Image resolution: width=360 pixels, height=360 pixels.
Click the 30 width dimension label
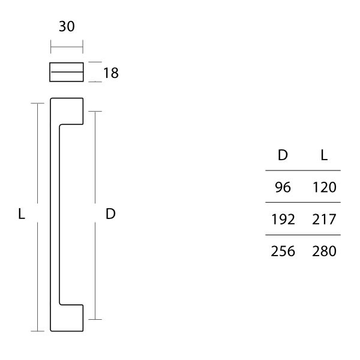(x=67, y=27)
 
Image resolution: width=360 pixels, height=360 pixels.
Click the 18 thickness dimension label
(x=110, y=73)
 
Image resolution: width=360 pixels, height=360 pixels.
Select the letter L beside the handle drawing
(x=22, y=214)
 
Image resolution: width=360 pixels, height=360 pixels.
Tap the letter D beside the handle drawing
(x=110, y=214)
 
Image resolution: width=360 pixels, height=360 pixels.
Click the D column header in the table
(x=283, y=155)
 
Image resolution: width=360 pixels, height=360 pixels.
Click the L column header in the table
(x=324, y=155)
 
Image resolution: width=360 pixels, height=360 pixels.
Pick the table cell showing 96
(x=283, y=187)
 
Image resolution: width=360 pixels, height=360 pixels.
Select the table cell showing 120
(x=324, y=187)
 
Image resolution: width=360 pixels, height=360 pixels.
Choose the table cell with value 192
(x=283, y=219)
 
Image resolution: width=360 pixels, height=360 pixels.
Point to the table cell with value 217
(x=324, y=219)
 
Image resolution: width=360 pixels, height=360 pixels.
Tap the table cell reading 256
(x=283, y=251)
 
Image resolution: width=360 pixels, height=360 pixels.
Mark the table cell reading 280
(x=324, y=251)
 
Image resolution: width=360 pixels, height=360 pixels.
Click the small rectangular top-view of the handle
(x=66, y=72)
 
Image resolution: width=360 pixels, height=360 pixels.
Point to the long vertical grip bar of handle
(x=54, y=214)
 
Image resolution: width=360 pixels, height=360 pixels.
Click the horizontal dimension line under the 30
(x=67, y=47)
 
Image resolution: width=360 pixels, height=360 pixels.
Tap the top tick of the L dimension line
(x=38, y=103)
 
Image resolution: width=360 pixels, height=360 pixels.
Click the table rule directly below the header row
(x=303, y=170)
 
